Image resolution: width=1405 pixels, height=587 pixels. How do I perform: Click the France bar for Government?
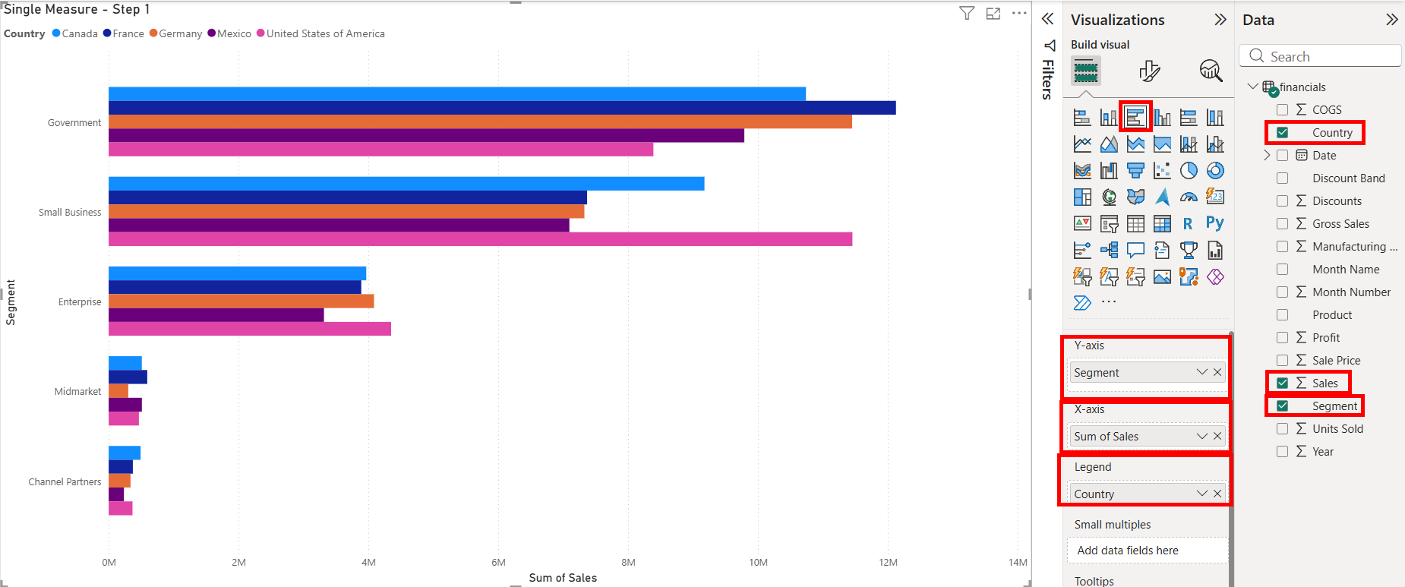[x=501, y=108]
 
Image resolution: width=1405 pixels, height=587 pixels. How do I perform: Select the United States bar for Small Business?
[x=480, y=239]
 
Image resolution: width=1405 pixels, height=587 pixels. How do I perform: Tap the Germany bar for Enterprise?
[x=241, y=301]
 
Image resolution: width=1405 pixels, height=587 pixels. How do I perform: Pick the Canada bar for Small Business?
[x=406, y=184]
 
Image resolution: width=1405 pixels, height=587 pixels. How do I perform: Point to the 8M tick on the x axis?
[x=628, y=563]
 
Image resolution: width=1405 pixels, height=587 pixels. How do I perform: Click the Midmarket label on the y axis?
[x=77, y=392]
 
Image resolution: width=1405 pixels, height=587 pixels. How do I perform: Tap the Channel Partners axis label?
[x=65, y=482]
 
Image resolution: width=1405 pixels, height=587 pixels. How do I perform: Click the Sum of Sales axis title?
[x=563, y=578]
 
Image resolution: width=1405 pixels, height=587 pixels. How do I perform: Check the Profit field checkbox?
[x=1283, y=338]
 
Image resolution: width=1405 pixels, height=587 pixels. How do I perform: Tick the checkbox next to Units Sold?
[x=1283, y=429]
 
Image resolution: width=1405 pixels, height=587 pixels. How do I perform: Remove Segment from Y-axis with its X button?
[x=1217, y=372]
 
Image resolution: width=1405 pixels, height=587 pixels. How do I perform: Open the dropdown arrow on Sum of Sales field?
[x=1201, y=436]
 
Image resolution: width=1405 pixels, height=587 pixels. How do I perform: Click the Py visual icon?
[x=1215, y=223]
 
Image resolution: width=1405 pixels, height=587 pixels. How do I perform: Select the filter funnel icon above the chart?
[x=967, y=13]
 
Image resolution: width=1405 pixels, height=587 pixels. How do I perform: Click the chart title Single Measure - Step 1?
[x=77, y=9]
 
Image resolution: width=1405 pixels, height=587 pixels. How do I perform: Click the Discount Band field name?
[x=1348, y=178]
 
